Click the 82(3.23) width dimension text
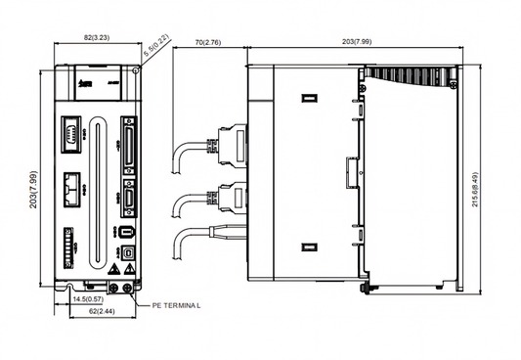point(96,37)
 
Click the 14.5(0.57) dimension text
point(89,297)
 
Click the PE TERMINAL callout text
point(176,305)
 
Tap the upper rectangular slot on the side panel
point(308,99)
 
